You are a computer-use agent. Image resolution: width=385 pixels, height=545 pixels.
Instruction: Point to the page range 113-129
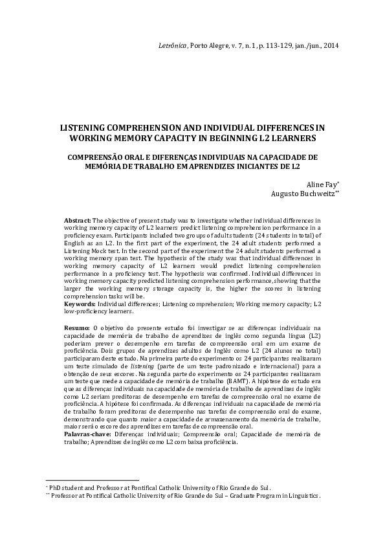tap(270, 46)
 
